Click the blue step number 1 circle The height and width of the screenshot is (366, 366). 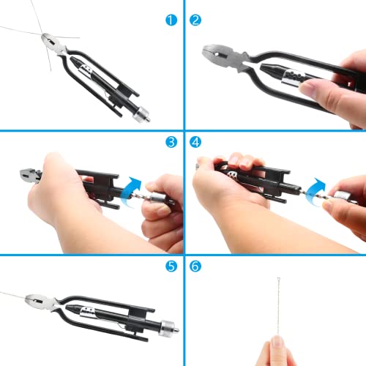pos(171,20)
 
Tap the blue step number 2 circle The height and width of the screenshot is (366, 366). pos(195,20)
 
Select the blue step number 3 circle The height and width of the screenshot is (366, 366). pos(171,142)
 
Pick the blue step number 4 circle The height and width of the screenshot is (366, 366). pos(195,142)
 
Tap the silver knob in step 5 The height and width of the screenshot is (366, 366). pos(171,325)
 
